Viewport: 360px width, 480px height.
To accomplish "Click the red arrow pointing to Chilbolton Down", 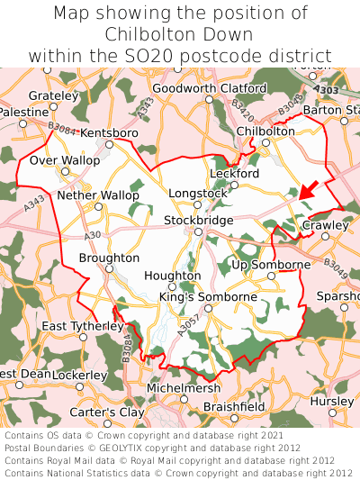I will (x=308, y=192).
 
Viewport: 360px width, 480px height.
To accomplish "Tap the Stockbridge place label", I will (x=198, y=221).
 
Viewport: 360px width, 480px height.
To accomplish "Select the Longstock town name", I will (x=198, y=193).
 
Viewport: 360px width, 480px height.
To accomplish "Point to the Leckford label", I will (x=234, y=174).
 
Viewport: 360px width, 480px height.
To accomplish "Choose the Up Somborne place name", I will (x=271, y=265).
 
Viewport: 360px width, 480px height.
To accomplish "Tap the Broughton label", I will (x=109, y=258).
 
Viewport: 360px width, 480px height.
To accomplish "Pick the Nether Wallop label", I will (x=97, y=195).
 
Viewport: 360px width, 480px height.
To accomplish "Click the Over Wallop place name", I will (x=65, y=160).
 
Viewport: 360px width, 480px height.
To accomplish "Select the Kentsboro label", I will (x=109, y=133).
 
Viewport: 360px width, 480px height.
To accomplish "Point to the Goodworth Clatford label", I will (x=210, y=88).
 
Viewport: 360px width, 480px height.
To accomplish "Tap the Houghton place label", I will (x=173, y=276).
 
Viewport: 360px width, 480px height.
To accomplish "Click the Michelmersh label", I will (x=183, y=387).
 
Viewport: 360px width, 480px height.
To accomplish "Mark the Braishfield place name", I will (x=234, y=407).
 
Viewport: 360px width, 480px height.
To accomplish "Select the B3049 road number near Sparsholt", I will (x=335, y=267).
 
